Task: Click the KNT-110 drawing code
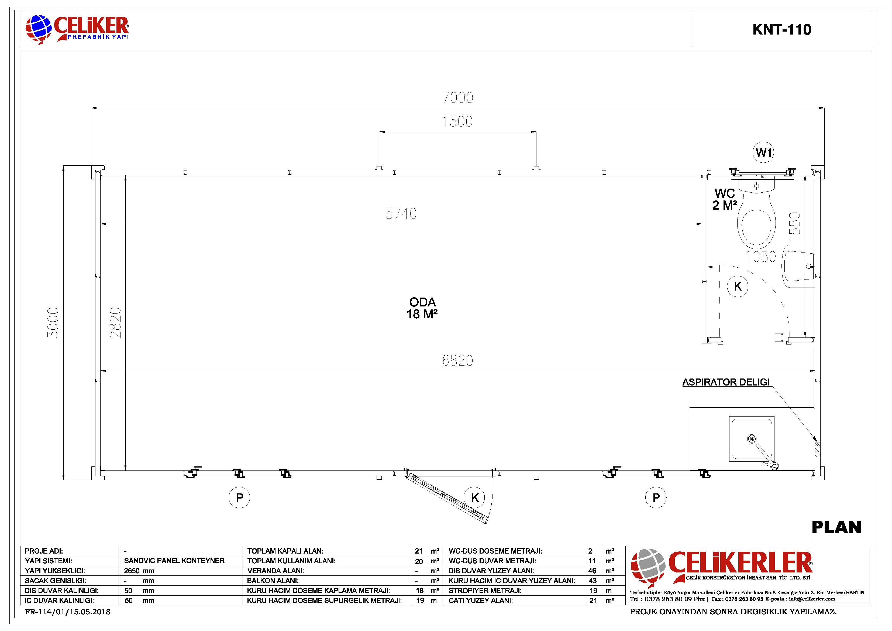pyautogui.click(x=782, y=30)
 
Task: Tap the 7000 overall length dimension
pyautogui.click(x=458, y=98)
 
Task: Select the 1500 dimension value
pyautogui.click(x=458, y=122)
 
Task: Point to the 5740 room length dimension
pyautogui.click(x=401, y=213)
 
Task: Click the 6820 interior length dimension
pyautogui.click(x=458, y=360)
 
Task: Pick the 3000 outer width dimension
pyautogui.click(x=53, y=322)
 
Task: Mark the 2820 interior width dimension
pyautogui.click(x=115, y=322)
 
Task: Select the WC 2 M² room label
pyautogui.click(x=725, y=199)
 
